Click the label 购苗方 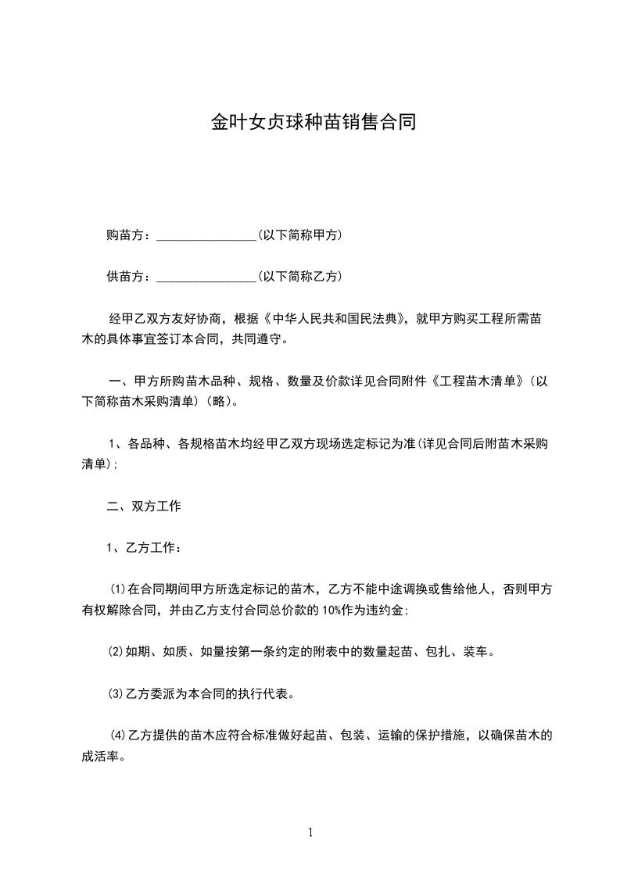pyautogui.click(x=123, y=234)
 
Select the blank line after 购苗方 pyautogui.click(x=206, y=236)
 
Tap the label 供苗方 pyautogui.click(x=123, y=276)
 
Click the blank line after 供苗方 pyautogui.click(x=206, y=277)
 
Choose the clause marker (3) pyautogui.click(x=114, y=693)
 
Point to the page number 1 pyautogui.click(x=310, y=832)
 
